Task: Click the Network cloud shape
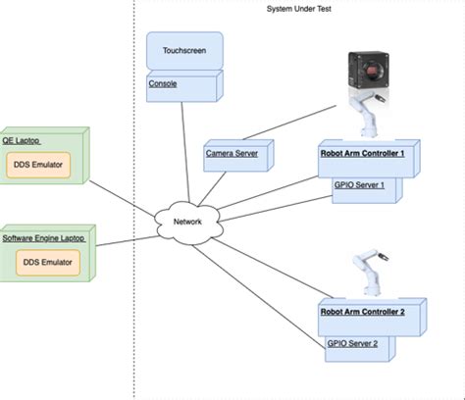(187, 223)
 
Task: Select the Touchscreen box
(184, 51)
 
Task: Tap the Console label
(163, 84)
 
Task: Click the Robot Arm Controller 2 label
(362, 312)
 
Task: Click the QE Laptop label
(20, 140)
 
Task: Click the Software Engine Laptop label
(44, 238)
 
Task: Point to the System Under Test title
(299, 9)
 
